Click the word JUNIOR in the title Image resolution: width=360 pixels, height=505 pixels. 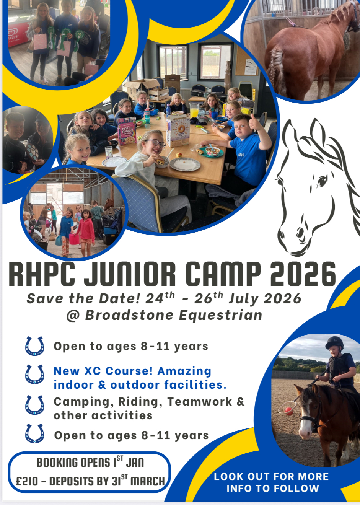coord(129,274)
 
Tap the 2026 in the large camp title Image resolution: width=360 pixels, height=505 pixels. coord(303,274)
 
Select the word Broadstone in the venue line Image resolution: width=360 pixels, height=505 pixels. coord(129,315)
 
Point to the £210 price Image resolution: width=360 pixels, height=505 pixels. coord(27,481)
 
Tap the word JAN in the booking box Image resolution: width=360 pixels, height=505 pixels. coord(135,463)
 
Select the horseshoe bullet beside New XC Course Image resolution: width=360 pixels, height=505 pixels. coord(34,374)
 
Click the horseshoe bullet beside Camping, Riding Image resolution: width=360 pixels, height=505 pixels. coord(34,405)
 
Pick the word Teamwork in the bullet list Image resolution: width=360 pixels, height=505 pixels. coord(199,401)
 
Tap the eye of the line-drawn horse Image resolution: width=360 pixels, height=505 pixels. coord(322,181)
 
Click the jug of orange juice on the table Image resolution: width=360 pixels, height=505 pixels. coord(194,110)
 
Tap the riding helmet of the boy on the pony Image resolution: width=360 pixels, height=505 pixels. coord(335,342)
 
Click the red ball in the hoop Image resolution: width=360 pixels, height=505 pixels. coord(289,411)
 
